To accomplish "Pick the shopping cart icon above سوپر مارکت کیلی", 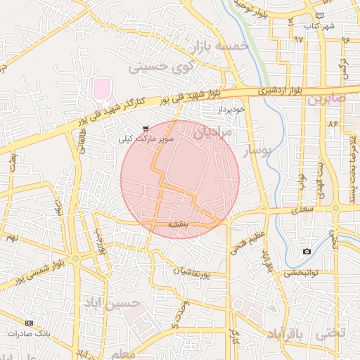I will tap(146, 129).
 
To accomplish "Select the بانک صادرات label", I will tap(28, 333).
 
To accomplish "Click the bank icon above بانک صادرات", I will tap(28, 323).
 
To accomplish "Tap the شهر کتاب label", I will tap(319, 26).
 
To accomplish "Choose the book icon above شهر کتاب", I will tap(320, 15).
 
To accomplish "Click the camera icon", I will tap(307, 251).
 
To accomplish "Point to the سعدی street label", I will tap(295, 209).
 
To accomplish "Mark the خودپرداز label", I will tap(230, 110).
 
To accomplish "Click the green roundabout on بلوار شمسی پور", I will tap(75, 258).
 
